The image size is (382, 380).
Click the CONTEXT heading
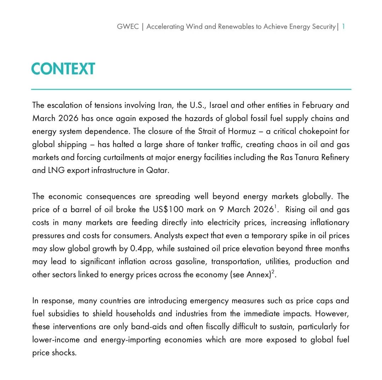tap(63, 69)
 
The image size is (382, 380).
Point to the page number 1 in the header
tap(343, 27)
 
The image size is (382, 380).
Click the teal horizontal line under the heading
tap(191, 89)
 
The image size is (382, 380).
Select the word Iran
tap(164, 105)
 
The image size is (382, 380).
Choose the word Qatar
tap(158, 171)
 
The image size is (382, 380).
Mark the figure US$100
tap(168, 209)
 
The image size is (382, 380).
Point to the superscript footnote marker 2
tap(273, 272)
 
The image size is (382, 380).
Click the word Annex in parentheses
tap(257, 275)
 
